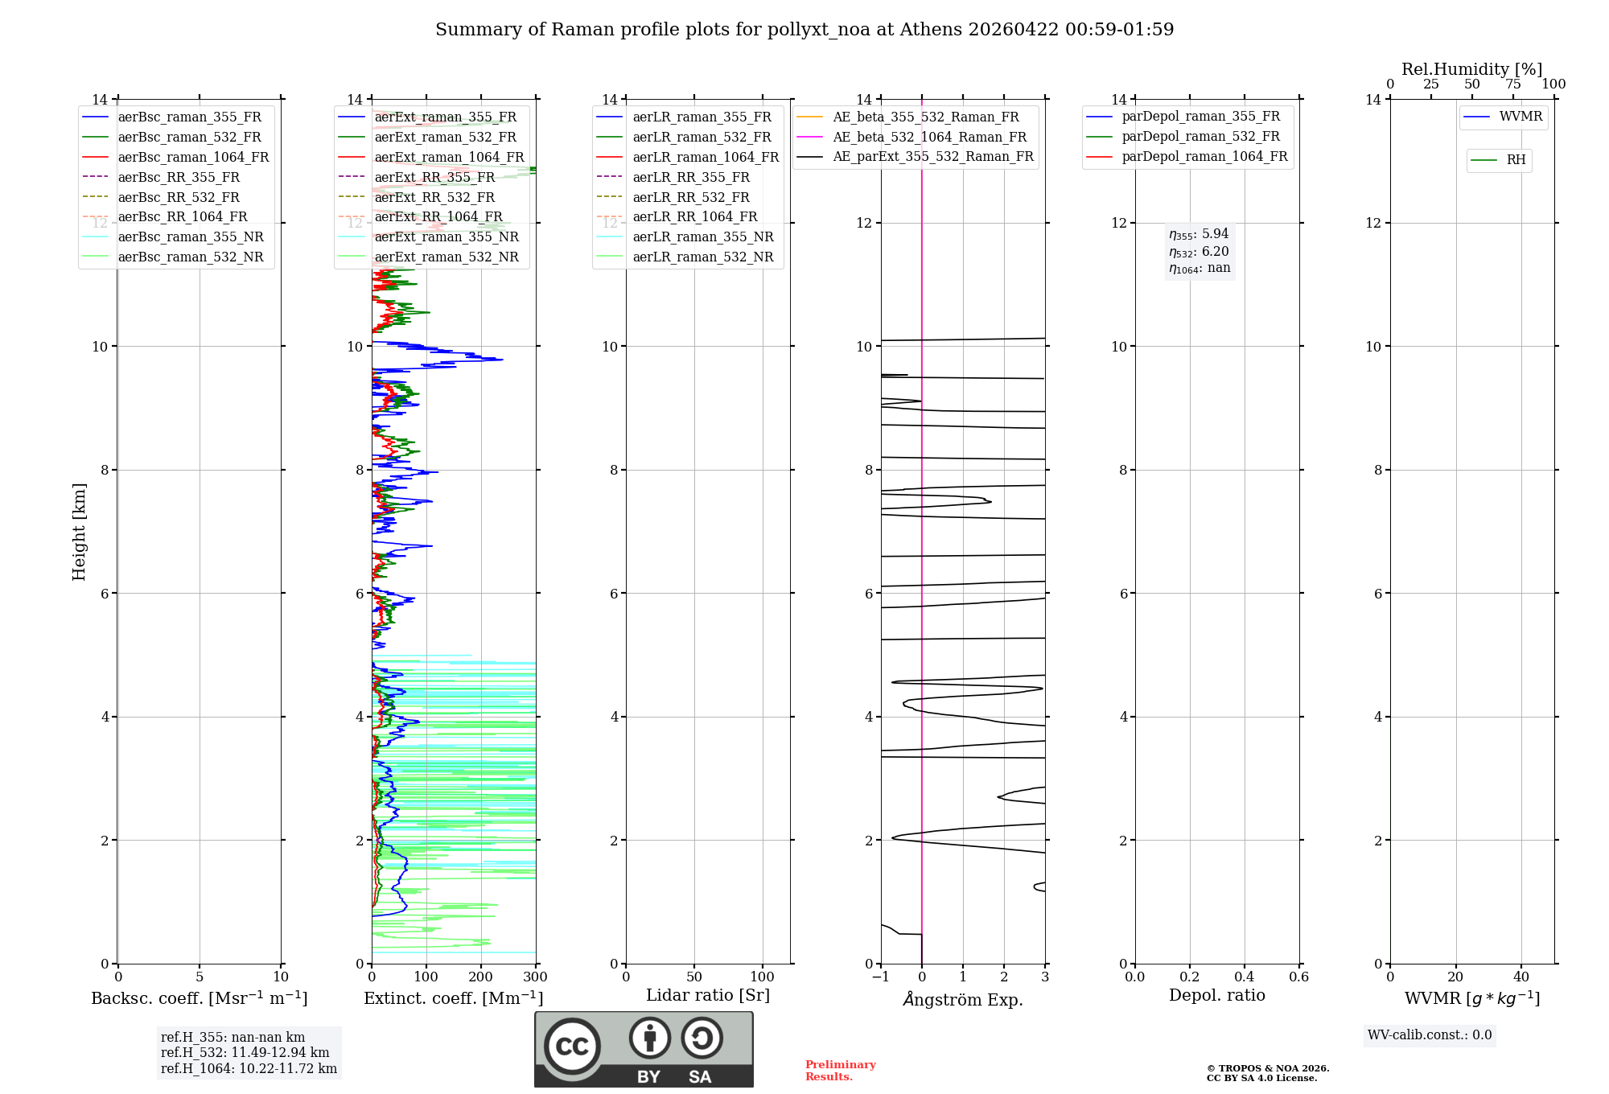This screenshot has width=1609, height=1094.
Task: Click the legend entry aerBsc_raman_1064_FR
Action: point(193,158)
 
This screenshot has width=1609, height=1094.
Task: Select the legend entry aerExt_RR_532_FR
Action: point(434,198)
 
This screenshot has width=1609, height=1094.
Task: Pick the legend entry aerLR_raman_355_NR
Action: point(702,237)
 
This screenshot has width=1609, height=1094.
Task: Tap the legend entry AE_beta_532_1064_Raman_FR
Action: point(929,138)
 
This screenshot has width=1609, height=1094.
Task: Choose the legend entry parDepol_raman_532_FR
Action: point(1200,137)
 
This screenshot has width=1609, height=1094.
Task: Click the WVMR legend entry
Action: point(1521,117)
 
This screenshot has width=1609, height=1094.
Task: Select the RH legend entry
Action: point(1516,160)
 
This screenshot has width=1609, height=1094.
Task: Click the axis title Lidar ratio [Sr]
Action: point(707,996)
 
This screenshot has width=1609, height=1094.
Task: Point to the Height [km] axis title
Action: point(79,532)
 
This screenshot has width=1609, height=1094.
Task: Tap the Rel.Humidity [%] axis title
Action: point(1471,69)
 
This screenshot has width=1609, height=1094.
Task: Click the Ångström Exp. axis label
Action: point(962,1000)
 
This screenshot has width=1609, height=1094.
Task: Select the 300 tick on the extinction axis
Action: point(535,977)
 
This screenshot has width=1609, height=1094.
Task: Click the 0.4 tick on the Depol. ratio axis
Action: point(1244,977)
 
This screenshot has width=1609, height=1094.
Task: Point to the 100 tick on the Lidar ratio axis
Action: point(763,977)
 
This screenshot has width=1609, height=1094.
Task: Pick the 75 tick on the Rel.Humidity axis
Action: point(1512,84)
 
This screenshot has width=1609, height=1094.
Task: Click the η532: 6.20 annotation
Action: point(1199,252)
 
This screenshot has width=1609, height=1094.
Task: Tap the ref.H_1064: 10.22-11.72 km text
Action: point(249,1069)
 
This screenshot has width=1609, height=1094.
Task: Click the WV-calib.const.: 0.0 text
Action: point(1430,1035)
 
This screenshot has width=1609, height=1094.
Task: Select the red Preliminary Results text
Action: point(840,1071)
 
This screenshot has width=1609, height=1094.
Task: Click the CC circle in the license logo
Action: point(572,1047)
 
